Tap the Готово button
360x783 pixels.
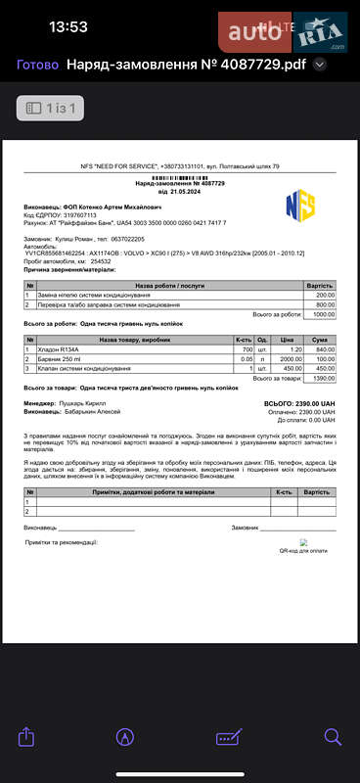pos(38,66)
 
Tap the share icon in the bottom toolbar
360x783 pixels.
pos(27,735)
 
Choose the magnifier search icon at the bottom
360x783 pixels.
pos(333,735)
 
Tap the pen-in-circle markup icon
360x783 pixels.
pos(125,735)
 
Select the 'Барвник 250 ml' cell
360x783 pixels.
pos(63,358)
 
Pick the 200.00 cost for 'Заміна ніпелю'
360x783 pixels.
pos(325,296)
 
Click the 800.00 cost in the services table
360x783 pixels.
pos(325,304)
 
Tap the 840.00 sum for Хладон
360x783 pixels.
pos(326,349)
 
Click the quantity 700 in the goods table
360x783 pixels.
pos(247,349)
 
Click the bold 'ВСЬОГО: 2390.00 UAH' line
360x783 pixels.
pos(299,402)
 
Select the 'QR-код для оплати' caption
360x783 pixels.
pos(304,551)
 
